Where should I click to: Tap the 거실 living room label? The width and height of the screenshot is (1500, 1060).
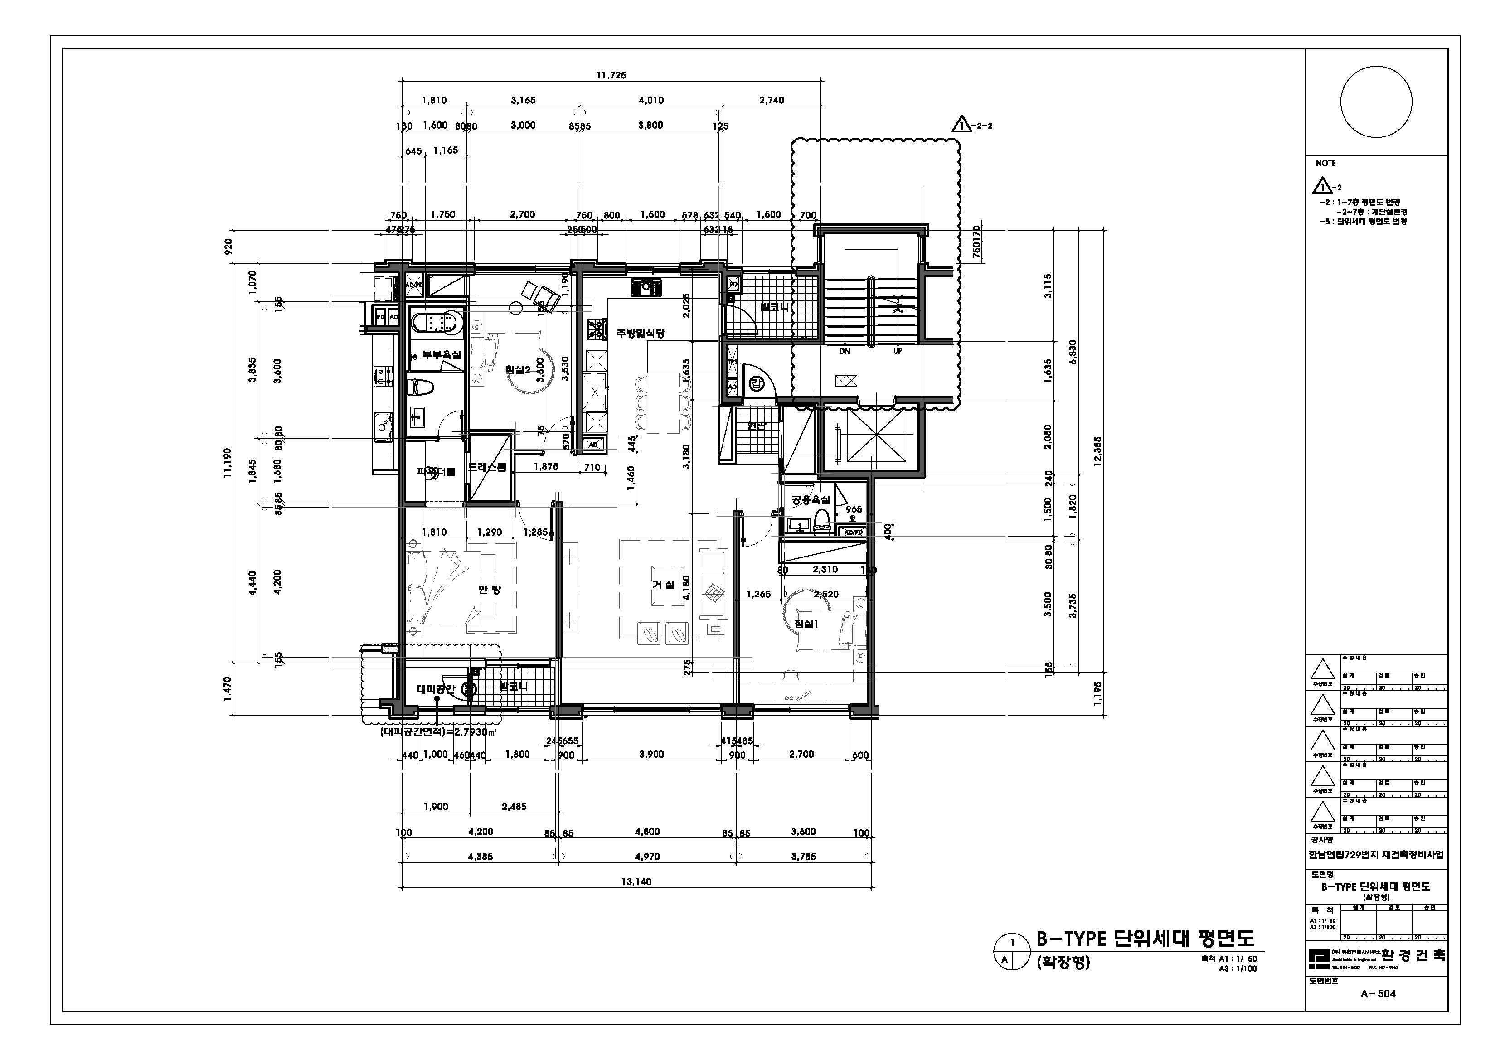tap(664, 585)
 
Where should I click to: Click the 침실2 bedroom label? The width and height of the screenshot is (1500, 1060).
tap(517, 370)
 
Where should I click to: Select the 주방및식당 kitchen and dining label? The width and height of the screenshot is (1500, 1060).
tap(640, 334)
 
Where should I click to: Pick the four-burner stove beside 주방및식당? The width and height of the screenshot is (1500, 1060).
tap(597, 330)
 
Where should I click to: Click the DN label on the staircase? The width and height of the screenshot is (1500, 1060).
tap(844, 351)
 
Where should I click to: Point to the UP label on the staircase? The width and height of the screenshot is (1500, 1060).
tap(898, 351)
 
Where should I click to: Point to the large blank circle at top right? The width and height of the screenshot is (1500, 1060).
tap(1376, 102)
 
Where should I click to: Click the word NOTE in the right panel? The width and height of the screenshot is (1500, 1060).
tap(1325, 163)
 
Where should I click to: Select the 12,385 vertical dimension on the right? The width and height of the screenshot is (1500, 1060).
tap(1097, 450)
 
